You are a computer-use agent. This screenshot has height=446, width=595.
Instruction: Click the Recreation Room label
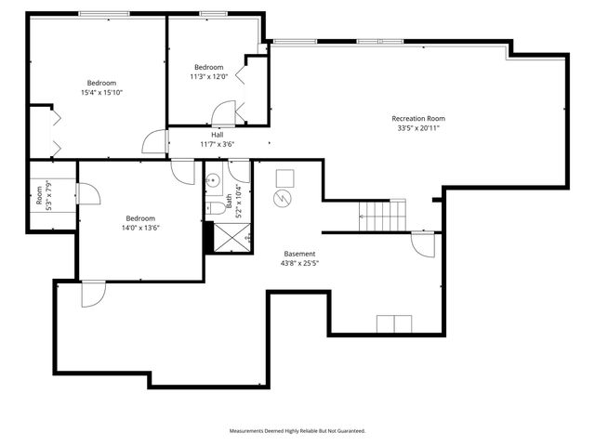pos(417,118)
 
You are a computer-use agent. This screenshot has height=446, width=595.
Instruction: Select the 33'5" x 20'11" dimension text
pos(417,128)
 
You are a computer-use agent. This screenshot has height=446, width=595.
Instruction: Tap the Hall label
pos(217,135)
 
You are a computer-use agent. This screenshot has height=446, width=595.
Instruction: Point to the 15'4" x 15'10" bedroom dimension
pos(102,93)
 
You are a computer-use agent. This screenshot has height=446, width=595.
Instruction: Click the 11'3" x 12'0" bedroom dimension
pos(208,77)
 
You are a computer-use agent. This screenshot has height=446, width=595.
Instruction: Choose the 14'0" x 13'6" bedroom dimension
pos(139,228)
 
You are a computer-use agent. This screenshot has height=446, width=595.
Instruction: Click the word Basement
pos(299,254)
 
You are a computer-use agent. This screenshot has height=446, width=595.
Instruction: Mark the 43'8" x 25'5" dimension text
pos(299,263)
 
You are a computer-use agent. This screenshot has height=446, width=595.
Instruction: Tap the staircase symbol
pos(382,216)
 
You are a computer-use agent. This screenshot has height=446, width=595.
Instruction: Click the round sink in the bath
pos(213,181)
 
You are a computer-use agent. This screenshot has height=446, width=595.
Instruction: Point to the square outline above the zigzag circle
pos(284,177)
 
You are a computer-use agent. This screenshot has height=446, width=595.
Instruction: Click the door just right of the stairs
pos(423,244)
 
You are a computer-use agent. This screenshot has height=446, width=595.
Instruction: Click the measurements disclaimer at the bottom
pos(297,430)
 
